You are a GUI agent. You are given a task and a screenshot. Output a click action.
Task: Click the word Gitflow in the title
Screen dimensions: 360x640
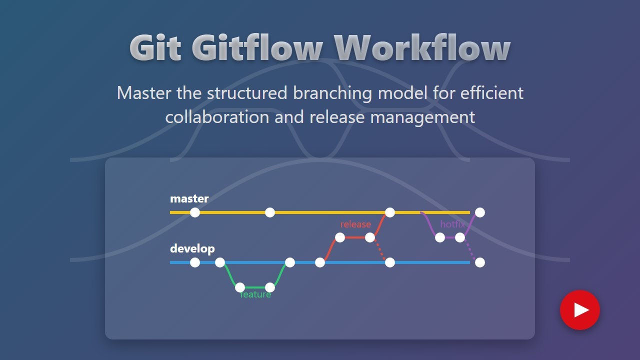pos(256,48)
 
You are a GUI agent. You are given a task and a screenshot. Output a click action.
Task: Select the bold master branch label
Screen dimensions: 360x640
pos(189,198)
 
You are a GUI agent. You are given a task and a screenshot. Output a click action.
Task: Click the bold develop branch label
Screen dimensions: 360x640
pos(192,248)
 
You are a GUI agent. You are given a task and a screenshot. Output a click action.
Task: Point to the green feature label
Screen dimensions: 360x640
pos(255,295)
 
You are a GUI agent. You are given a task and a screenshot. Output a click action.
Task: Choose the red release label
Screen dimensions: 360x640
pos(355,224)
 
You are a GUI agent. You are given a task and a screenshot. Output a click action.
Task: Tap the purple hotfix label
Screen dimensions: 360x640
pos(452,224)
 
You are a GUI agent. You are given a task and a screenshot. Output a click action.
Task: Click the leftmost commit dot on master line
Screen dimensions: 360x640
pos(195,212)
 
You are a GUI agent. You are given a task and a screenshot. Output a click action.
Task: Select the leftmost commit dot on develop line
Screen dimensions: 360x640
pos(195,262)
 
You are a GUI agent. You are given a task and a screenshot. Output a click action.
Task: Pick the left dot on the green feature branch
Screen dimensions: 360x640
pos(240,287)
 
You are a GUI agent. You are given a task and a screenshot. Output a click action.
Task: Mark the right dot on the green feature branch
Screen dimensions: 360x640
pos(270,287)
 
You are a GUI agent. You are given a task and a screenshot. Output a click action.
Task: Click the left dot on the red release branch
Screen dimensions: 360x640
pos(340,237)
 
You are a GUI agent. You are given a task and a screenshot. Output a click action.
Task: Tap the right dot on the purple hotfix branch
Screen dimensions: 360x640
pos(460,237)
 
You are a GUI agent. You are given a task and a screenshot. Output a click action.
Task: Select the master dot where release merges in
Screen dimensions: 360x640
pos(390,212)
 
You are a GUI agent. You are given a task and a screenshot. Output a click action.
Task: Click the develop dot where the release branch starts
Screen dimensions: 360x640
pos(320,262)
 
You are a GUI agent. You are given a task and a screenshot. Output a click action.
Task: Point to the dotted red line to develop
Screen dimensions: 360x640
pos(380,250)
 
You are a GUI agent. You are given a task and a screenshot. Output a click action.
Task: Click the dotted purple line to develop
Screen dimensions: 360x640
pos(470,250)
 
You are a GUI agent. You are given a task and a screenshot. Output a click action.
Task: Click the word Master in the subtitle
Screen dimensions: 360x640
pos(144,93)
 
